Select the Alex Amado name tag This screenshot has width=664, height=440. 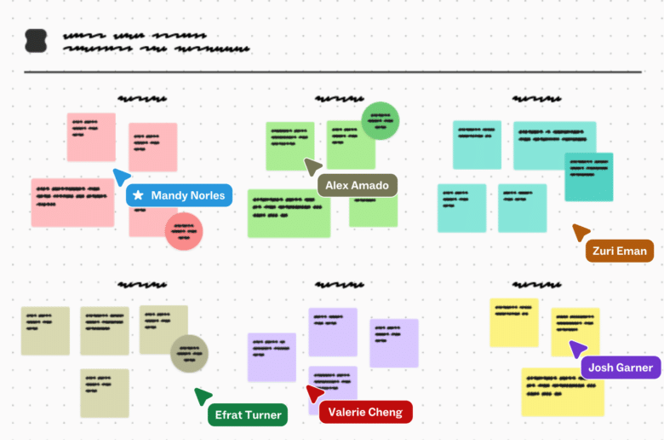pyautogui.click(x=357, y=185)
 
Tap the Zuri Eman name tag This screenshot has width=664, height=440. pyautogui.click(x=620, y=251)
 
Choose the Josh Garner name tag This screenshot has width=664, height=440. pyautogui.click(x=621, y=368)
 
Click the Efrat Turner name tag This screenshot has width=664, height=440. pyautogui.click(x=247, y=414)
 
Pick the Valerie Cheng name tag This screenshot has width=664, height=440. pyautogui.click(x=365, y=412)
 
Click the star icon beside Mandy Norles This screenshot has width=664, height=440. pyautogui.click(x=138, y=195)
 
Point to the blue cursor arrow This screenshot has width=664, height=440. pyautogui.click(x=121, y=177)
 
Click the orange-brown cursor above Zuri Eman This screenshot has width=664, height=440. pyautogui.click(x=581, y=232)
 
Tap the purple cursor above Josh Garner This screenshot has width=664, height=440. pyautogui.click(x=577, y=349)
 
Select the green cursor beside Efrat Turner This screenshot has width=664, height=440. pyautogui.click(x=202, y=396)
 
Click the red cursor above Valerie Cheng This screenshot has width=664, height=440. pyautogui.click(x=314, y=393)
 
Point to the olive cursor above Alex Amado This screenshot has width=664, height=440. pyautogui.click(x=312, y=166)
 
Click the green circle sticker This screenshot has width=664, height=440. pyautogui.click(x=380, y=120)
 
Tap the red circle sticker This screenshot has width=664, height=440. pyautogui.click(x=183, y=231)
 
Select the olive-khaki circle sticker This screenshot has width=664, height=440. pyautogui.click(x=189, y=353)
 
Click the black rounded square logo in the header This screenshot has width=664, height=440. pyautogui.click(x=37, y=40)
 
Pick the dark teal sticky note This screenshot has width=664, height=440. pyautogui.click(x=589, y=177)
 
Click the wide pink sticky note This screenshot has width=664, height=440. pyautogui.click(x=72, y=202)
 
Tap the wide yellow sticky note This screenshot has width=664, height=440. pyautogui.click(x=562, y=391)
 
